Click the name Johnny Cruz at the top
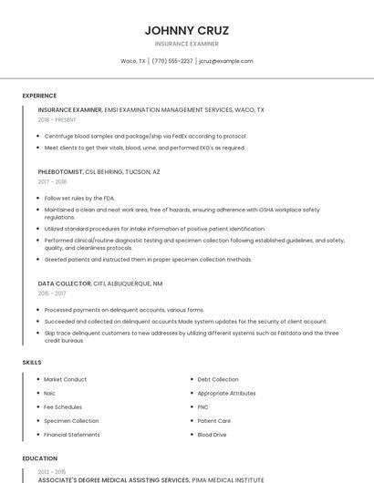(x=187, y=30)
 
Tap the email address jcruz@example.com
(x=225, y=61)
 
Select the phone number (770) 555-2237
(x=172, y=61)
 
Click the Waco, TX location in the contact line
(x=133, y=61)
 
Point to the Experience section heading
(x=39, y=96)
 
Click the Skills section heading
(x=32, y=362)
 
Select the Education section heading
(x=39, y=458)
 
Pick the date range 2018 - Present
(x=57, y=119)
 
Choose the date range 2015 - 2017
(x=52, y=293)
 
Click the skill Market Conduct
(x=65, y=379)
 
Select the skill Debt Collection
(x=218, y=379)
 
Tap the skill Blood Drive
(x=213, y=435)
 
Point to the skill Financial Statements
(x=72, y=435)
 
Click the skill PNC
(x=203, y=406)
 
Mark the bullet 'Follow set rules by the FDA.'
(x=79, y=197)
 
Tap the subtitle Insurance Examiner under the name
(x=187, y=43)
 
